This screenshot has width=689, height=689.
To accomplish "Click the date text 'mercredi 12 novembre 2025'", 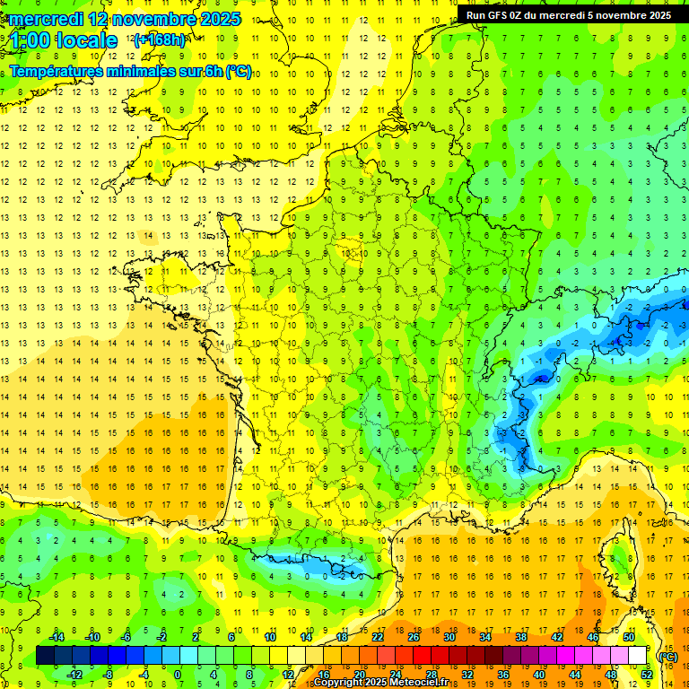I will coord(126,19).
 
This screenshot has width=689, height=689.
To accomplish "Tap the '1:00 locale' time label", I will coord(64,41).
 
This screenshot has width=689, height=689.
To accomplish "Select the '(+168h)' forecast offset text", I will coord(159,40).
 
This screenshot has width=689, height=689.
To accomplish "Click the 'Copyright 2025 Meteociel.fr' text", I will coord(393,683).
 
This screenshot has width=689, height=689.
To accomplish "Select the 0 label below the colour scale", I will coord(178,675).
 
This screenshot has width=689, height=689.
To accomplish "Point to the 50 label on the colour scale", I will coord(629,637).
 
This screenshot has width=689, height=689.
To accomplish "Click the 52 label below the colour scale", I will coord(647,675).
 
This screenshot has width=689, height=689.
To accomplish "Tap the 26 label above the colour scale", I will coord(414,637).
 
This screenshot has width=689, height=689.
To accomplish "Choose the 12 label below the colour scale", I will coord(287,675).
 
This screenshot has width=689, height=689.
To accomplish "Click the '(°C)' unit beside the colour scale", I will coord(668,657).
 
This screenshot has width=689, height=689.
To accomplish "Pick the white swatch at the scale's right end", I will coord(638,656).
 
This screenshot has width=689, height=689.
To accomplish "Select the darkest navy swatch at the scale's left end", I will coord(45,656).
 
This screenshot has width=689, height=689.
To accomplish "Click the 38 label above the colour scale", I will coord(521,637).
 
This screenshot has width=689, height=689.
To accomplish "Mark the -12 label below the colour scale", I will coord(74,675).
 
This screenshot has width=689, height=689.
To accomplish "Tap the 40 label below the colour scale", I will coord(539,675).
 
